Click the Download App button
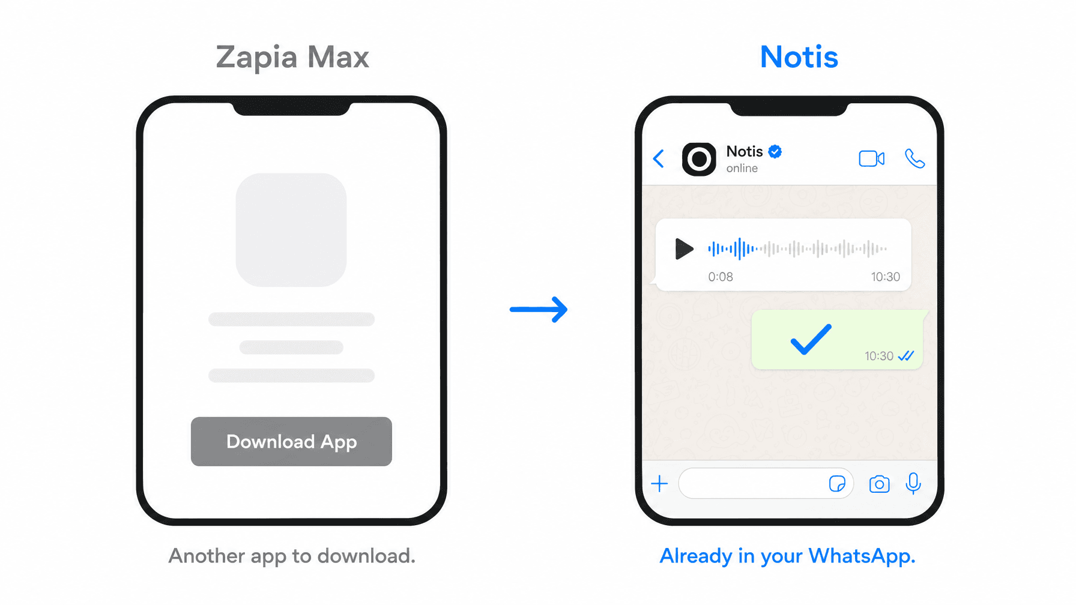pyautogui.click(x=291, y=441)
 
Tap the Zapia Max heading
pyautogui.click(x=292, y=58)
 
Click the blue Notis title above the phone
pyautogui.click(x=799, y=57)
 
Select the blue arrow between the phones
pyautogui.click(x=539, y=310)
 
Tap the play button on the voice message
pyautogui.click(x=684, y=248)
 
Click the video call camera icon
pyautogui.click(x=872, y=158)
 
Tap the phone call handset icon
pyautogui.click(x=914, y=158)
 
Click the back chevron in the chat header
pyautogui.click(x=659, y=158)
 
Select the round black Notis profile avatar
pyautogui.click(x=699, y=159)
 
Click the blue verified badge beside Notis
pyautogui.click(x=775, y=151)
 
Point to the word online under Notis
pyautogui.click(x=742, y=169)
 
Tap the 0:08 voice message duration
pyautogui.click(x=721, y=277)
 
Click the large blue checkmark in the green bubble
pyautogui.click(x=811, y=339)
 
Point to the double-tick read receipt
pyautogui.click(x=906, y=356)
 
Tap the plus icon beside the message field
pyautogui.click(x=659, y=484)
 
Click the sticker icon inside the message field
pyautogui.click(x=837, y=484)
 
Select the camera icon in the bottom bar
pyautogui.click(x=879, y=484)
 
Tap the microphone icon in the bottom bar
pyautogui.click(x=913, y=483)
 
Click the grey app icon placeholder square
pyautogui.click(x=291, y=230)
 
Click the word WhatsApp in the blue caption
pyautogui.click(x=862, y=556)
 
